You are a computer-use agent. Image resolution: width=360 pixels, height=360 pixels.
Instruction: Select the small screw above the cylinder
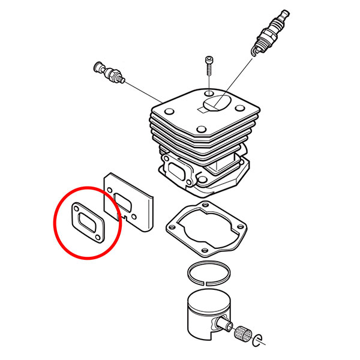tap(208, 64)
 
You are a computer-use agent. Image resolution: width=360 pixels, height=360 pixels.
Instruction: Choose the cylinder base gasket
tap(206, 229)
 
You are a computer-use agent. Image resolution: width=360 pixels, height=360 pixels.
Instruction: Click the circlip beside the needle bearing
tap(260, 340)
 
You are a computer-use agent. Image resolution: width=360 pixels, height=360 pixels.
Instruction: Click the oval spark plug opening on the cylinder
tap(217, 104)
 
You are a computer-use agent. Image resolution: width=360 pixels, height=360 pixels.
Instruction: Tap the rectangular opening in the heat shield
tap(128, 200)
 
